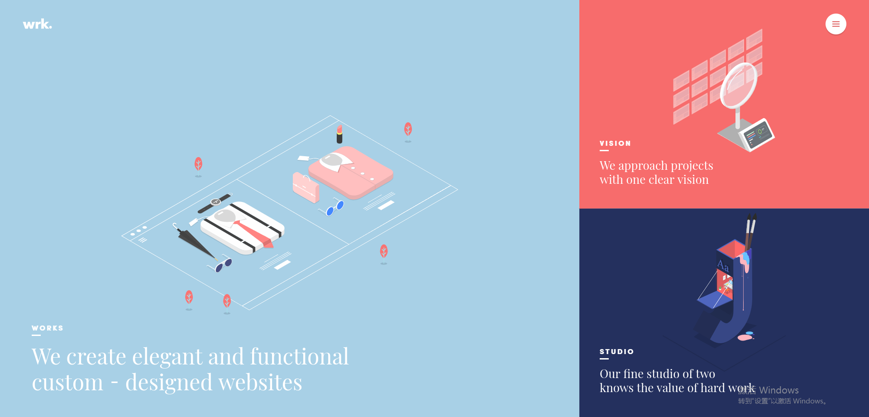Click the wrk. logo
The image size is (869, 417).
click(x=38, y=24)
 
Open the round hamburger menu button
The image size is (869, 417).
click(x=836, y=24)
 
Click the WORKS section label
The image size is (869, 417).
click(x=48, y=328)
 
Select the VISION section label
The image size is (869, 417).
click(x=615, y=144)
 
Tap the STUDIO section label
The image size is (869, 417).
click(x=616, y=352)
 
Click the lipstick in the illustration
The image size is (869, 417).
click(x=339, y=134)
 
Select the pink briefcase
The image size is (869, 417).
click(x=306, y=187)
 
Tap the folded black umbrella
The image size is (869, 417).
click(x=195, y=241)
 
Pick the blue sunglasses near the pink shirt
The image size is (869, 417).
click(x=334, y=208)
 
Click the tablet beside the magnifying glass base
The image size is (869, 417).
click(x=757, y=135)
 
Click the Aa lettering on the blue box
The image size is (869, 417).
click(x=723, y=265)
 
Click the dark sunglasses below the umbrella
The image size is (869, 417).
click(x=221, y=265)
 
